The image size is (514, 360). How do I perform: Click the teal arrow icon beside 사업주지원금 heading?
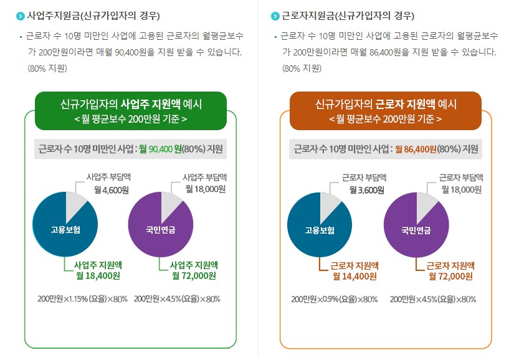21,16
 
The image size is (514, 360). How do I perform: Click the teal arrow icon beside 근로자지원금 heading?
275,16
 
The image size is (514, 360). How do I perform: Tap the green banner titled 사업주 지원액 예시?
131,110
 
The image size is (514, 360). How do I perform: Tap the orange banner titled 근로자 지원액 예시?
386,110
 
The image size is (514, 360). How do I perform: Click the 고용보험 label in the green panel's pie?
65,230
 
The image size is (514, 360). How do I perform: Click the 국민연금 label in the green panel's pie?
161,230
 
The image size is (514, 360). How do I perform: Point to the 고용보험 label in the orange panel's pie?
320,230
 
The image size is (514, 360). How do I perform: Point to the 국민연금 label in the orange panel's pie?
416,230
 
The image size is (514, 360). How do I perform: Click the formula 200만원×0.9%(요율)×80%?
335,299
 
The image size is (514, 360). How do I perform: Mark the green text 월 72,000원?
194,276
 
